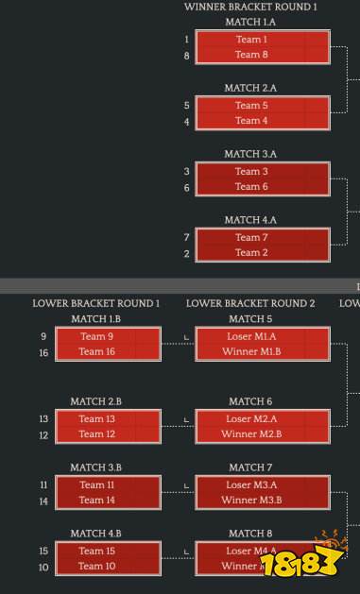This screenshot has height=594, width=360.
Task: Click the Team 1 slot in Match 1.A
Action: tap(250, 40)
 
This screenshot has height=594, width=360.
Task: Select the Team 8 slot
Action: tap(250, 55)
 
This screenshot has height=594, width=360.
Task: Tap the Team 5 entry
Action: tap(250, 106)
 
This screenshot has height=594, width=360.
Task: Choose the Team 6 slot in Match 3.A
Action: tap(250, 187)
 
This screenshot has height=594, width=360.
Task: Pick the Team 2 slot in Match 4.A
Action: tap(250, 252)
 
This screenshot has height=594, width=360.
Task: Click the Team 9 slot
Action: tap(96, 336)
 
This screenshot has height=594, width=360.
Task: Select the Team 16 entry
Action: tap(96, 351)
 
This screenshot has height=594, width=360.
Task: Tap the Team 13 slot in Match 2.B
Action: tap(96, 418)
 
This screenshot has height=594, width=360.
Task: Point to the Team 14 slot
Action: tap(96, 500)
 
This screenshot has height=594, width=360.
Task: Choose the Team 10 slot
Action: tap(96, 566)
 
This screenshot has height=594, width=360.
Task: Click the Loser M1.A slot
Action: tap(250, 336)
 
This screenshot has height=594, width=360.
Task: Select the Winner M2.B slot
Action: tap(250, 433)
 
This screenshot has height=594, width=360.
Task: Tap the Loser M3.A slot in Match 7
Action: tap(250, 484)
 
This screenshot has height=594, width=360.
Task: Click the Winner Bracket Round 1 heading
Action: tap(250, 7)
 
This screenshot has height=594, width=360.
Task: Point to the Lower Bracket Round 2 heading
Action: tap(250, 303)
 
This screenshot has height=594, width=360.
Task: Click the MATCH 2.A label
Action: tap(250, 88)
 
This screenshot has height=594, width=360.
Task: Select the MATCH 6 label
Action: tap(250, 401)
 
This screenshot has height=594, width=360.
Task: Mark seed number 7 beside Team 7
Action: tap(187, 237)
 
